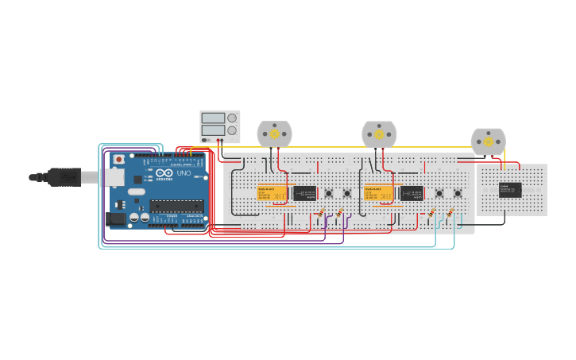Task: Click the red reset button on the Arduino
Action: point(119,160)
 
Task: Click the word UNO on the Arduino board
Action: point(183,173)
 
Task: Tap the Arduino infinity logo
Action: point(163,173)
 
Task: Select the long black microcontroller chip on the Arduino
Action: point(176,206)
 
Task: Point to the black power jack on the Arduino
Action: point(115,217)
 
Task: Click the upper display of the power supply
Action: point(212,118)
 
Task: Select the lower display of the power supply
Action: point(212,130)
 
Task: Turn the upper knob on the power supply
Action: point(232,118)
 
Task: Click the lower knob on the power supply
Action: point(232,130)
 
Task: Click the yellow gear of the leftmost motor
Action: point(275,134)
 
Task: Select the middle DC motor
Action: point(379,134)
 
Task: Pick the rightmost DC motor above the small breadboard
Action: point(488,141)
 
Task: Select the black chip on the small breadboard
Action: point(510,189)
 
